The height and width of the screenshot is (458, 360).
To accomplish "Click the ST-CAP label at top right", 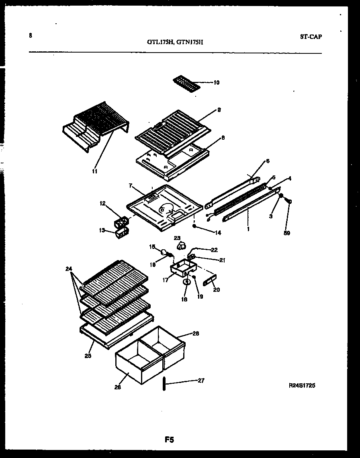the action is click(x=311, y=37).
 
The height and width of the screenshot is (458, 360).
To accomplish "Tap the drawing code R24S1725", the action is click(x=302, y=385).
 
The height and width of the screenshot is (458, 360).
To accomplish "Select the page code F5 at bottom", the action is click(x=169, y=440).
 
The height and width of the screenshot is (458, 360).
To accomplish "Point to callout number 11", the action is click(x=95, y=171).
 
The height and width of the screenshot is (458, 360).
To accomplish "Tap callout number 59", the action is click(x=287, y=233).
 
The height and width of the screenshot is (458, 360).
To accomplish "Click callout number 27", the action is click(x=201, y=381).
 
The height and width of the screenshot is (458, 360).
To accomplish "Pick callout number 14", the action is click(x=218, y=232).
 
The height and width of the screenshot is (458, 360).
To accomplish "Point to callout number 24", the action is click(x=69, y=269).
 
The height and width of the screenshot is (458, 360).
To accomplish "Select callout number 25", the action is click(x=88, y=355).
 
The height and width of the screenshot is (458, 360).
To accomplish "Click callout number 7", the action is click(x=130, y=186).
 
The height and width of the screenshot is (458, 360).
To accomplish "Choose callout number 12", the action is click(x=102, y=204).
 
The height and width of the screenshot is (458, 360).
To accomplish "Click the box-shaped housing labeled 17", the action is click(x=182, y=267).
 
